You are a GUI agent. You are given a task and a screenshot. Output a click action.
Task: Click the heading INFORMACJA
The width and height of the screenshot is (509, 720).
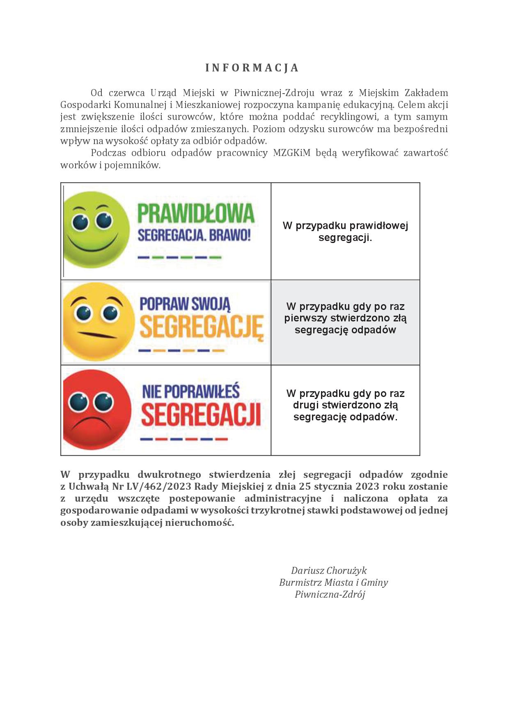[252, 68]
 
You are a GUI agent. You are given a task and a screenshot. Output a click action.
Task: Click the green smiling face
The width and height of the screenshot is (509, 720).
[96, 230]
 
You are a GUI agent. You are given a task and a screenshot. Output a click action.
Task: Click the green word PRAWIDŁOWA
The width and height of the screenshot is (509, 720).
[196, 213]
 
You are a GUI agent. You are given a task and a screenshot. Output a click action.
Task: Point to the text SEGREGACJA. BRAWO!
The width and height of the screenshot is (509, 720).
[194, 236]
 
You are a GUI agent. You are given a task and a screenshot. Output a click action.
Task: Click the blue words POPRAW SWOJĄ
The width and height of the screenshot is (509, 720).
[185, 304]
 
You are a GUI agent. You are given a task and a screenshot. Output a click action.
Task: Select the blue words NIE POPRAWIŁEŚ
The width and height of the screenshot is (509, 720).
[191, 391]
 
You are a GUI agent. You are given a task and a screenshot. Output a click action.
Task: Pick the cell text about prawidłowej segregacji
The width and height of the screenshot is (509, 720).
[345, 232]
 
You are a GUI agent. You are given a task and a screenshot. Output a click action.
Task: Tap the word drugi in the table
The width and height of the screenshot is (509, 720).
[306, 405]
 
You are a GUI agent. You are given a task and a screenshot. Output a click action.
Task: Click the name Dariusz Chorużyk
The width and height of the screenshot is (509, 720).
[329, 571]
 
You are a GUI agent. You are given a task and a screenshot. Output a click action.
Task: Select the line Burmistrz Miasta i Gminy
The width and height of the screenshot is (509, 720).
[333, 582]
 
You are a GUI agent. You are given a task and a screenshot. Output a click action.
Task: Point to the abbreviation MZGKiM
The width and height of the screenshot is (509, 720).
[291, 153]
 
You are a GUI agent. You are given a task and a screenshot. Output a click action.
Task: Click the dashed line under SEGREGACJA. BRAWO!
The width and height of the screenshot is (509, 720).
[180, 258]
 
